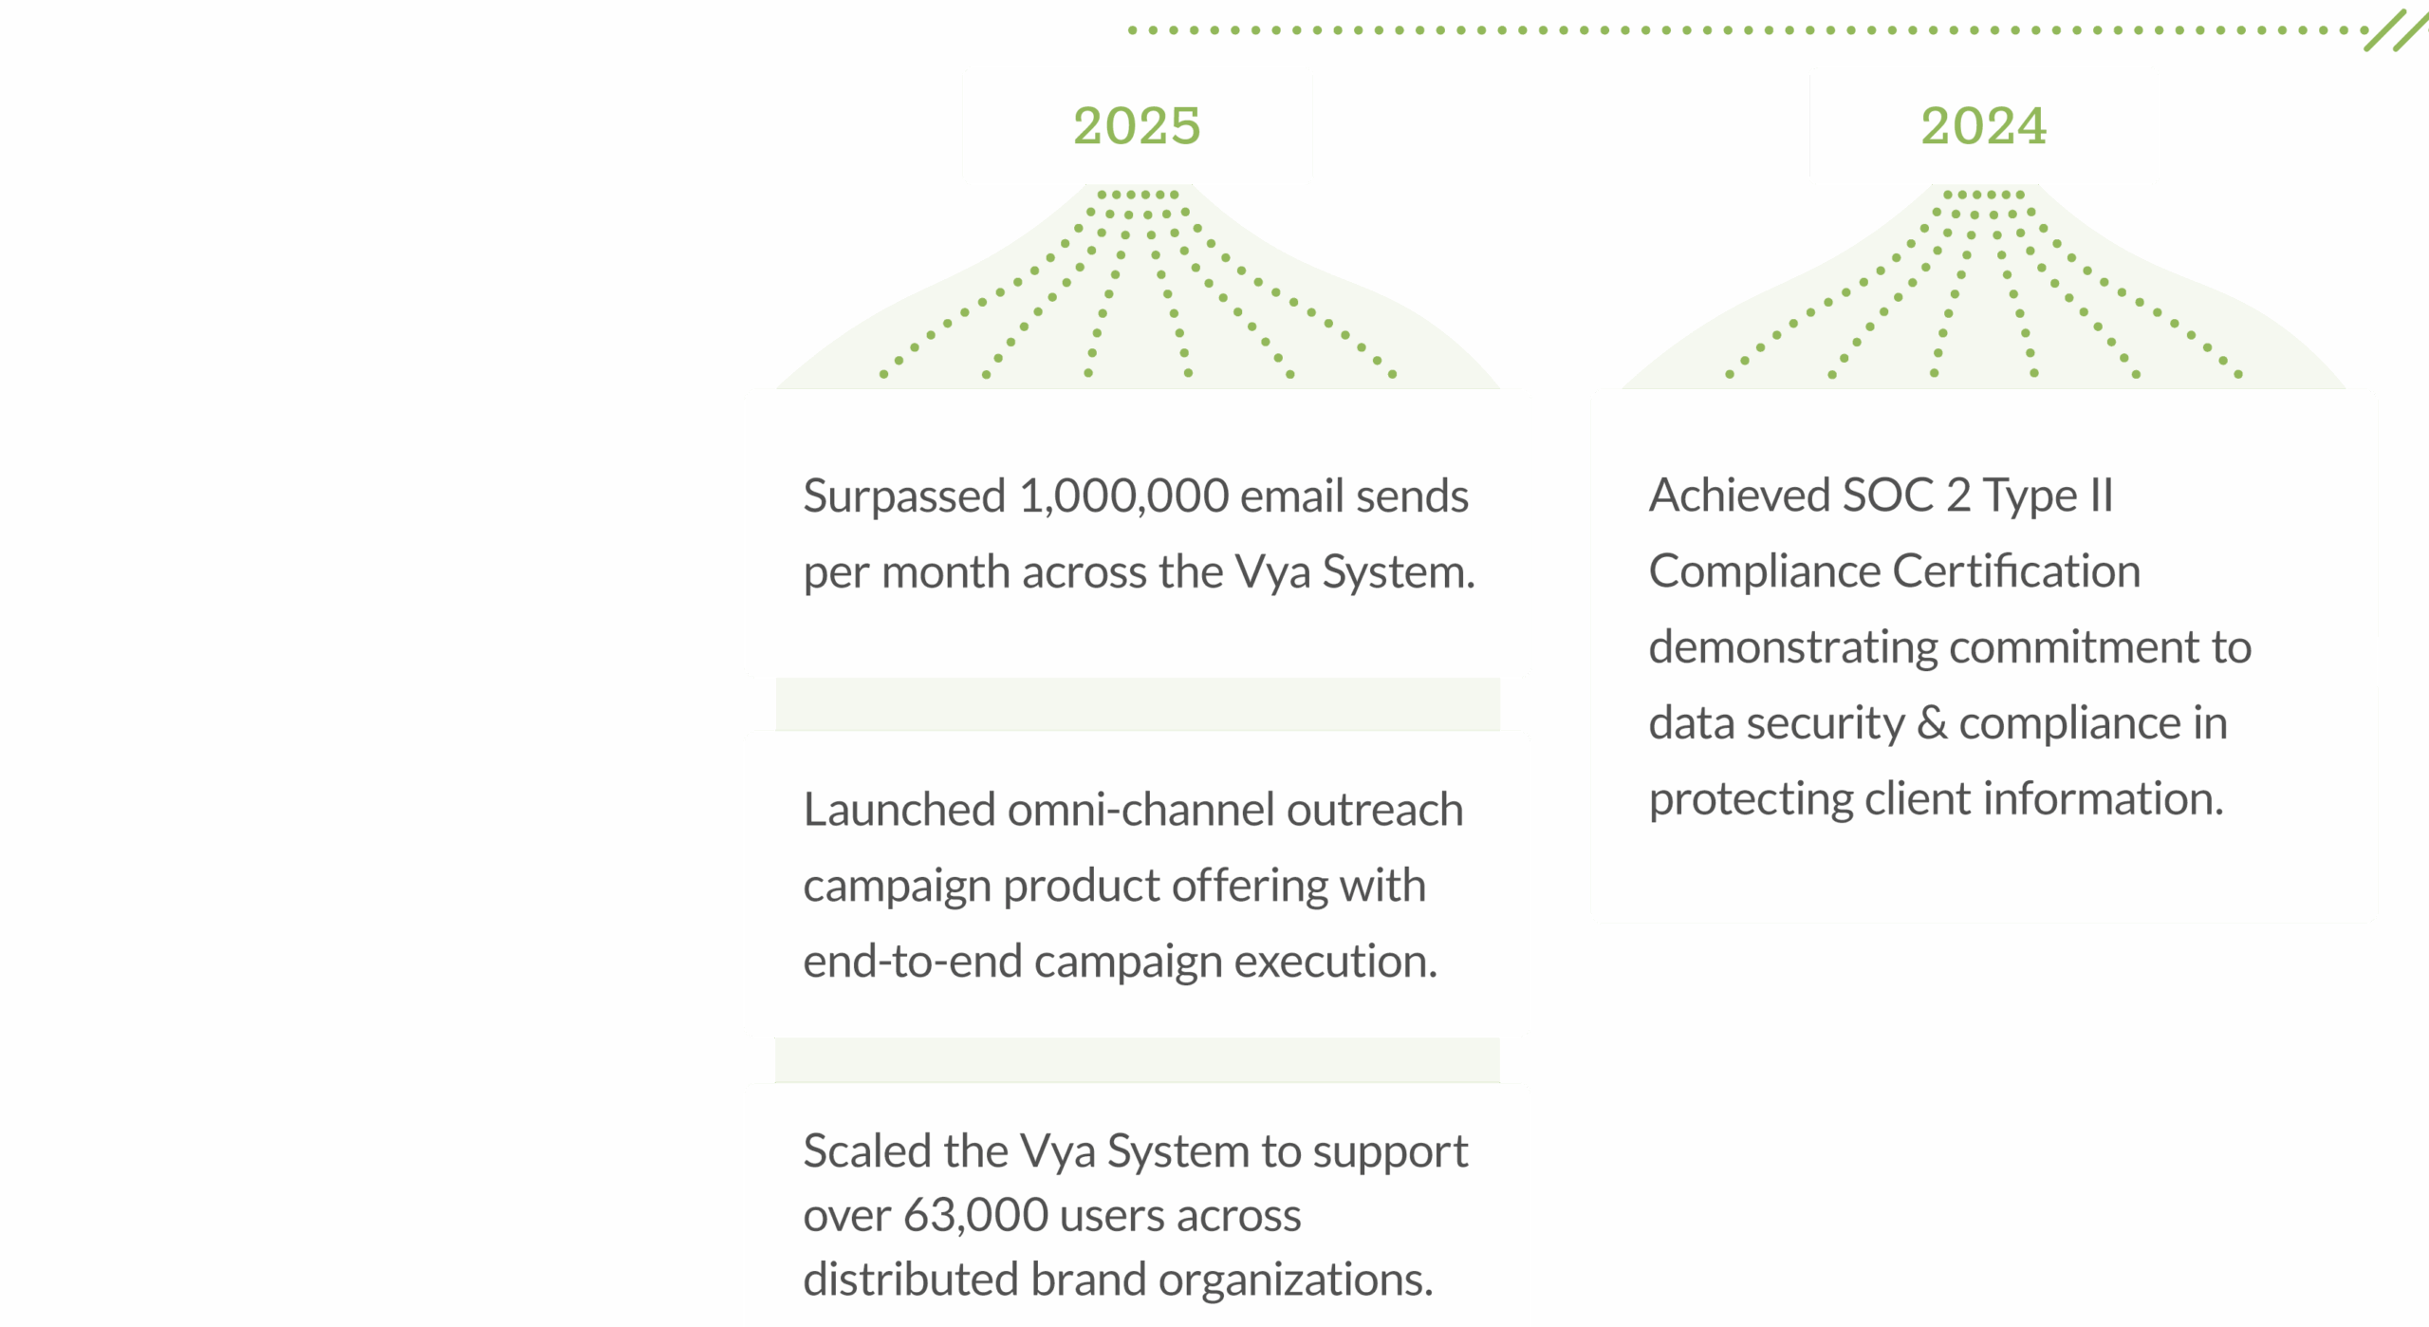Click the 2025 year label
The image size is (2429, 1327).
point(1137,126)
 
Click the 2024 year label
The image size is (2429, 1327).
point(1983,126)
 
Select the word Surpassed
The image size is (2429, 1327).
point(903,496)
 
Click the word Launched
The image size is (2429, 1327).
point(899,810)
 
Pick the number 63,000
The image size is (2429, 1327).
point(975,1215)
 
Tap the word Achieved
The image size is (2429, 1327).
point(1739,495)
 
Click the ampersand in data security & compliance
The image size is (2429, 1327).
point(1932,723)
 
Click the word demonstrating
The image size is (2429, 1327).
point(1792,647)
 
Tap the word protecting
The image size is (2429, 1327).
point(1750,799)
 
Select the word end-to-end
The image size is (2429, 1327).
point(912,962)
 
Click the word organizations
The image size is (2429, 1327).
point(1295,1280)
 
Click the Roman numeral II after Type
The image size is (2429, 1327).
point(2101,495)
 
